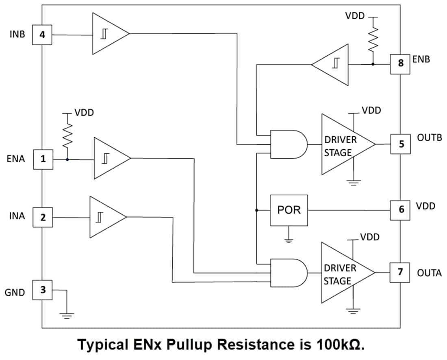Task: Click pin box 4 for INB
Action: coord(42,35)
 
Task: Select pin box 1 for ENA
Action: coord(42,159)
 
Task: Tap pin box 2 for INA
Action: coord(42,218)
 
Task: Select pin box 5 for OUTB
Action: coord(400,144)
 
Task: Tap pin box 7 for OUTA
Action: coord(400,272)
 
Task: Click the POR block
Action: coord(289,210)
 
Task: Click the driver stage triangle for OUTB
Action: coord(343,144)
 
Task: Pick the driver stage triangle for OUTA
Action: coord(343,273)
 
